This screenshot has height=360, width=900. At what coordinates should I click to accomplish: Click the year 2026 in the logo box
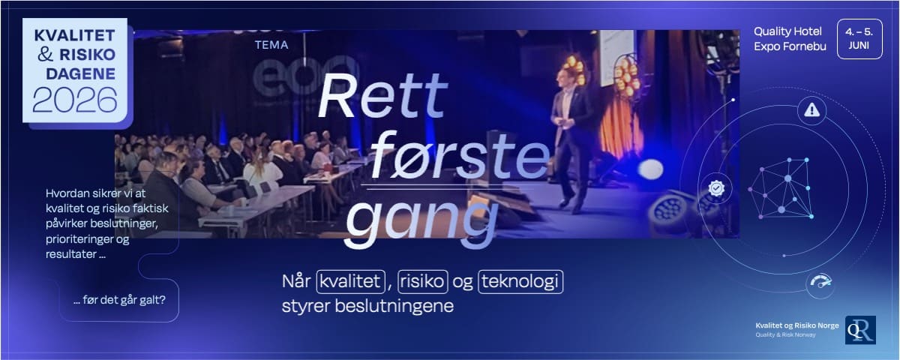74,99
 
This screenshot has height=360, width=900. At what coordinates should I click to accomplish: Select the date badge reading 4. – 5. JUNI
859,38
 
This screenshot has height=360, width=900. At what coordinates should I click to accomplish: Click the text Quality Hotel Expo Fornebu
787,39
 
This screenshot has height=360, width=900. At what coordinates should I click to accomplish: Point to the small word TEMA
271,44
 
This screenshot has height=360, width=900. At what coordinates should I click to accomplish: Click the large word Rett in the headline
382,97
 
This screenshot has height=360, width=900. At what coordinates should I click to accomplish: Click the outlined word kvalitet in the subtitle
350,281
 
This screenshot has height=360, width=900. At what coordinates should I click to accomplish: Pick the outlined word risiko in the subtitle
423,281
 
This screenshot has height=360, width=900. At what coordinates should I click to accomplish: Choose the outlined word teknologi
520,281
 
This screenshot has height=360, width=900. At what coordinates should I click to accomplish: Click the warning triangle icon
811,111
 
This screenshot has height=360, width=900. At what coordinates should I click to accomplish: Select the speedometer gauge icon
820,283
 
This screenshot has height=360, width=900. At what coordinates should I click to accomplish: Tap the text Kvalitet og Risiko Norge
796,325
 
